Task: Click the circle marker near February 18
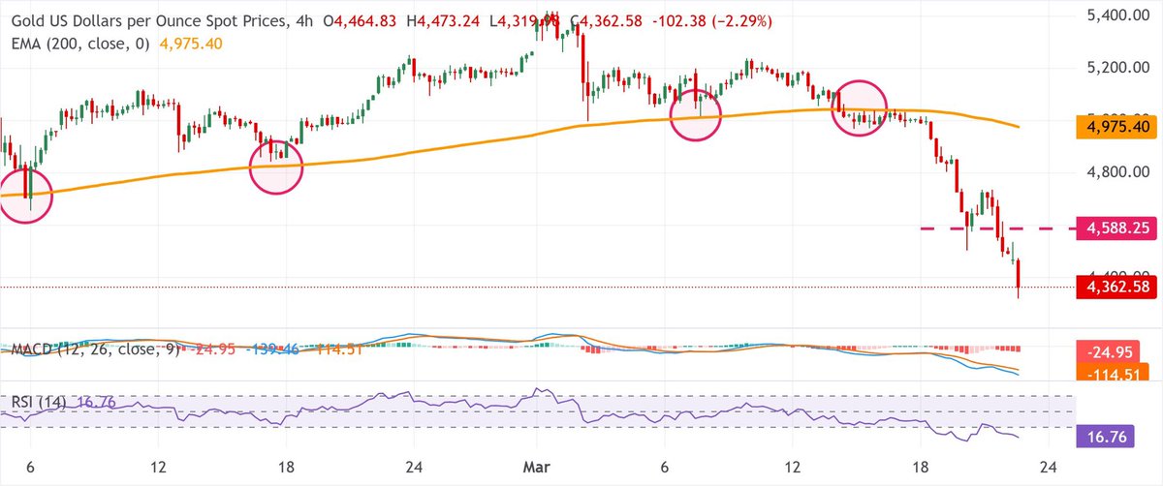tap(276, 166)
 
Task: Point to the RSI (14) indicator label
tap(36, 401)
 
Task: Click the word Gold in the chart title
tap(28, 20)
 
